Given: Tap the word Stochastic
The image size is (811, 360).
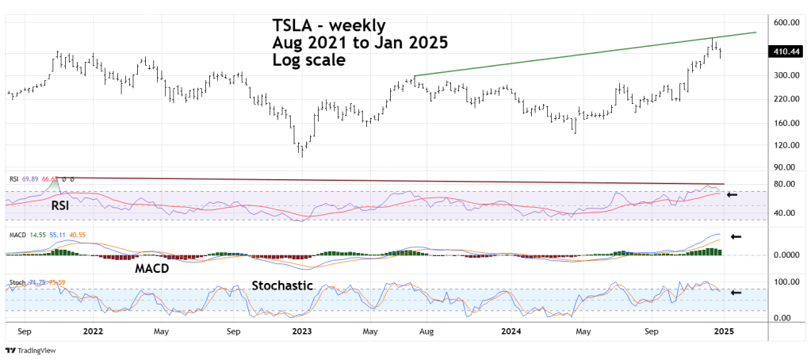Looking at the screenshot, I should click(283, 285).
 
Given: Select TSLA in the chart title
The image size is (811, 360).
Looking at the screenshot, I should click(291, 25).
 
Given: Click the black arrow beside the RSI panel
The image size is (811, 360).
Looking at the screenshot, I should click(733, 194).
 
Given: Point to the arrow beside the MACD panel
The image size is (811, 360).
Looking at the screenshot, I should click(736, 236).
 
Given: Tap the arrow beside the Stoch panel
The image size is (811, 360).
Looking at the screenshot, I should click(736, 292).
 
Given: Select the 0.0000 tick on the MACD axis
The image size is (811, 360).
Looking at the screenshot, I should click(785, 255).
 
